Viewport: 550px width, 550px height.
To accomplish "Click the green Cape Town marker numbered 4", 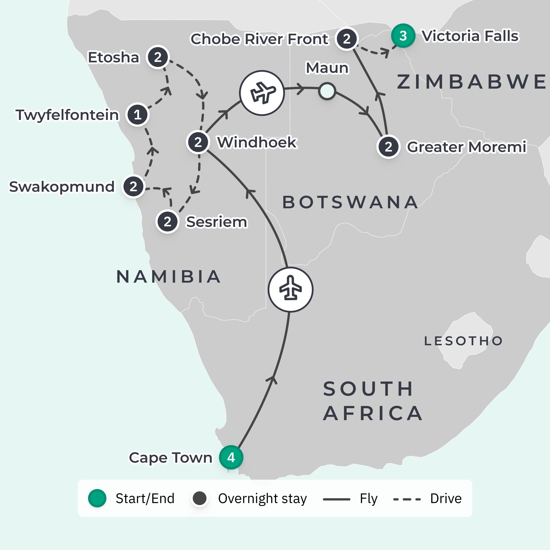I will (x=231, y=458).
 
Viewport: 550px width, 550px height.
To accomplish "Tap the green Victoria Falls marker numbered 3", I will (x=403, y=36).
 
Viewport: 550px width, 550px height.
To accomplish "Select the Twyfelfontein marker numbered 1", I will (x=137, y=115).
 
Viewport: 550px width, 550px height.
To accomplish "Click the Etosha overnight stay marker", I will (x=158, y=57).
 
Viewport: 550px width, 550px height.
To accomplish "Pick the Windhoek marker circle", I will (x=198, y=142).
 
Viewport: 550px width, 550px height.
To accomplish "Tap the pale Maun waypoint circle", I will (x=327, y=91).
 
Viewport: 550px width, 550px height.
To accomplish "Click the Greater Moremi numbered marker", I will (x=388, y=147).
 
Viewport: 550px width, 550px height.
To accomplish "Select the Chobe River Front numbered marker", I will (x=347, y=39).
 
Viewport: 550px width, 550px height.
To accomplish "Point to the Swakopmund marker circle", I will (x=133, y=186).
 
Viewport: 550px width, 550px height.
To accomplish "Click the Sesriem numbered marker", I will (x=167, y=222).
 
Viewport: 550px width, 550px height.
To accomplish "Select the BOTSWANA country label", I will (x=350, y=202).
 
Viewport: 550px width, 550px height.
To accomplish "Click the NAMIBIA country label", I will (x=169, y=277).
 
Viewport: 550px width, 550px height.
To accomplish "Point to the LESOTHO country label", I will (x=463, y=341).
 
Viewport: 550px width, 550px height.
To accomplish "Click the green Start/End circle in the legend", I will (x=97, y=499).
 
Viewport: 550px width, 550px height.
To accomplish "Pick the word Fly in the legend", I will (x=368, y=499).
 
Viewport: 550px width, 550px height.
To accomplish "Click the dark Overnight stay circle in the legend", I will (x=200, y=499).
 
